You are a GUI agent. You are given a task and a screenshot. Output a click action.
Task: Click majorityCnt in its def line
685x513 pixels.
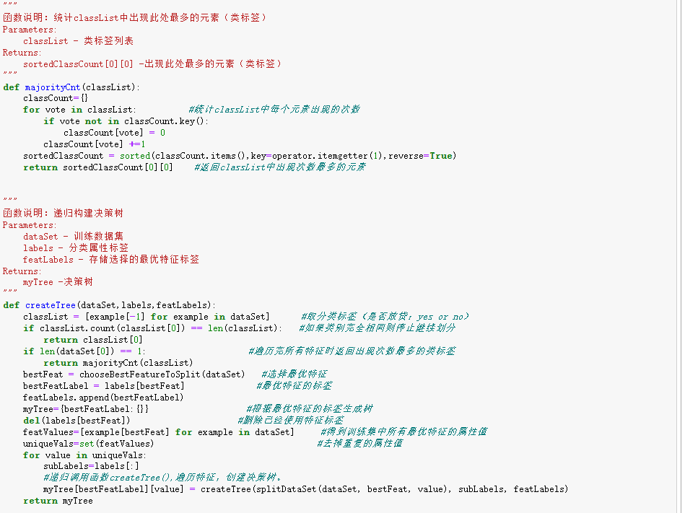53,87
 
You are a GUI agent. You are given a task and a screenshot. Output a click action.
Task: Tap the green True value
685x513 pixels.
441,156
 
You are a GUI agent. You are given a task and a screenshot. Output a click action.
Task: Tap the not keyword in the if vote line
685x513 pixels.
93,121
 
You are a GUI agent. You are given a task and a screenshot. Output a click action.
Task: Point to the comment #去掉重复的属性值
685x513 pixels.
359,444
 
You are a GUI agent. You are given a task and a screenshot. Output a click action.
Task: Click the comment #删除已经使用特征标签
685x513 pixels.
290,421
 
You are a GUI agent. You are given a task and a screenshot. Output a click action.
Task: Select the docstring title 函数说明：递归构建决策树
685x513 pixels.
64,214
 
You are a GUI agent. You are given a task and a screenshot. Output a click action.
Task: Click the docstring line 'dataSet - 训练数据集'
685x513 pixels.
73,237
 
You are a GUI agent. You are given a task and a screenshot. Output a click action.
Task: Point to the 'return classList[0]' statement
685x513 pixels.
92,340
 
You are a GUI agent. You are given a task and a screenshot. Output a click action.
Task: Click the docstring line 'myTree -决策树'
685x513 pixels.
58,282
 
